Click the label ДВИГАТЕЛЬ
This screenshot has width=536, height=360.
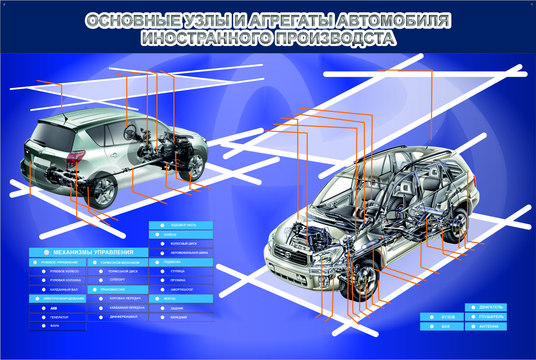[x=486, y=307]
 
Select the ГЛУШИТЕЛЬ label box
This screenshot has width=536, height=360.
[x=486, y=317]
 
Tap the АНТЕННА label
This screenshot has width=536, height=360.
[x=486, y=326]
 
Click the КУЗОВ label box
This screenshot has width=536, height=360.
[x=442, y=317]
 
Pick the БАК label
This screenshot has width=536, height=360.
[x=442, y=326]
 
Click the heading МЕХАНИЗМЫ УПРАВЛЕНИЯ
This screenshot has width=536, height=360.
[x=89, y=252]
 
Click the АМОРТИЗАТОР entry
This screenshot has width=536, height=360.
[x=181, y=289]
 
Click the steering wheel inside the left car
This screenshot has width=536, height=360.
[x=130, y=131]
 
